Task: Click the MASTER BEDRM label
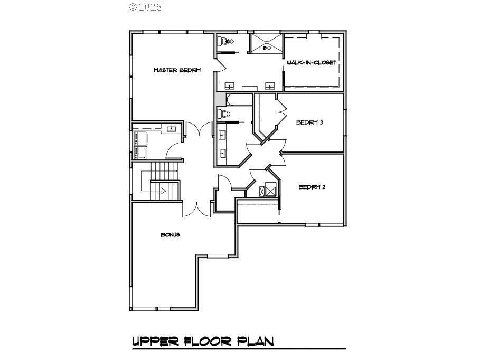(x=177, y=70)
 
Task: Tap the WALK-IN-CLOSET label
(x=312, y=62)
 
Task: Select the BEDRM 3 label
(x=309, y=122)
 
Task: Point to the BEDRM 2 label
(x=312, y=187)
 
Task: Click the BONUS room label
(x=170, y=234)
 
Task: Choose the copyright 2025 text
(x=145, y=7)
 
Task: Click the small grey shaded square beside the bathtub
(x=220, y=100)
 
